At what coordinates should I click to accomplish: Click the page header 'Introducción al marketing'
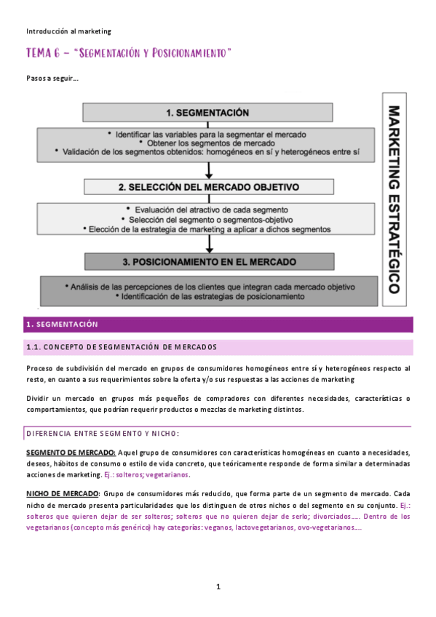[x=68, y=31]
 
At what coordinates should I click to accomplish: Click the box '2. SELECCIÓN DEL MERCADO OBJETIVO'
[x=208, y=187]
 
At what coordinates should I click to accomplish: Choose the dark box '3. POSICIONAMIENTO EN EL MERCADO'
[x=208, y=261]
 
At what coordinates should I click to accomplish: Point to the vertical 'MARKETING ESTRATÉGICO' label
[x=394, y=199]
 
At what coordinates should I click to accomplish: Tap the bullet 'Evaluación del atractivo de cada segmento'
[x=208, y=209]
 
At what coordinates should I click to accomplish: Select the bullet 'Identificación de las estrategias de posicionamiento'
[x=208, y=297]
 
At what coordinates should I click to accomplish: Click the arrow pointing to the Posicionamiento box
[x=209, y=246]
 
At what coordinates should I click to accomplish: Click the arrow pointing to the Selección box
[x=209, y=170]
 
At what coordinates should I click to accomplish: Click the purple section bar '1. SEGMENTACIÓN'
[x=218, y=324]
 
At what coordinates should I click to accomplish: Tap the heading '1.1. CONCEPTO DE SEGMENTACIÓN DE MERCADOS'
[x=121, y=346]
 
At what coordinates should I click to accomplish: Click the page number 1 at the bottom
[x=218, y=586]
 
